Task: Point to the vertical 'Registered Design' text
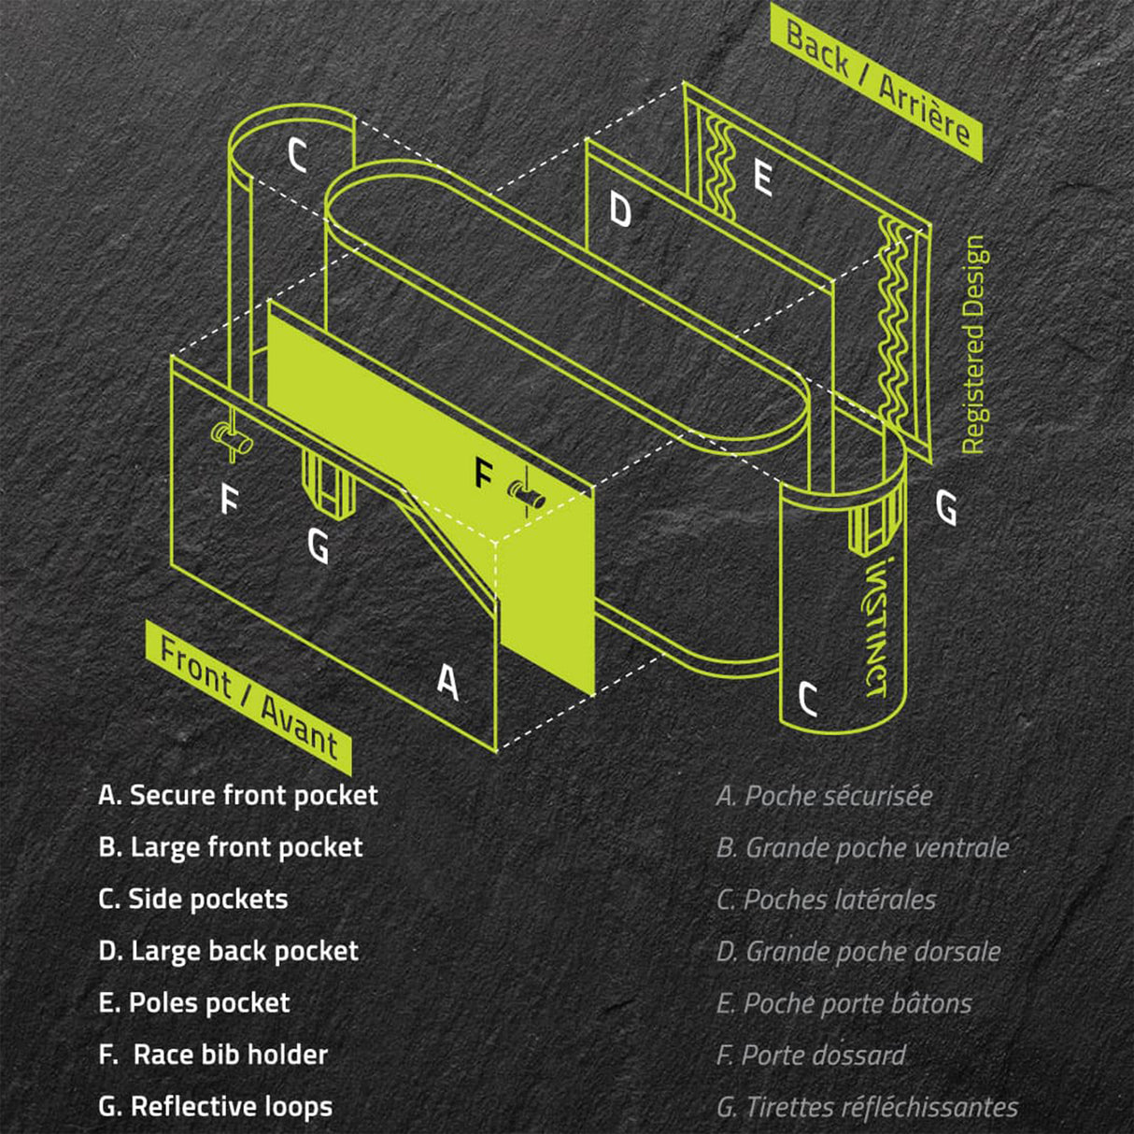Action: click(973, 345)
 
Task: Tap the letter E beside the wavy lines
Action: click(762, 177)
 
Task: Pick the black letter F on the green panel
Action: click(483, 474)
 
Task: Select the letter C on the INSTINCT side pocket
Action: click(808, 697)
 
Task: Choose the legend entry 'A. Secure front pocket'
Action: click(238, 795)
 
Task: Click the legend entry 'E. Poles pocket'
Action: click(194, 1002)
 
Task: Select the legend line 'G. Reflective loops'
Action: click(216, 1106)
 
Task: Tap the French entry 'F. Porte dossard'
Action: click(811, 1055)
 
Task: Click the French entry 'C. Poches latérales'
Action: click(826, 900)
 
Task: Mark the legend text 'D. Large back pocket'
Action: click(229, 951)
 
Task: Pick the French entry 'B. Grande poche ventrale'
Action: click(862, 847)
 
